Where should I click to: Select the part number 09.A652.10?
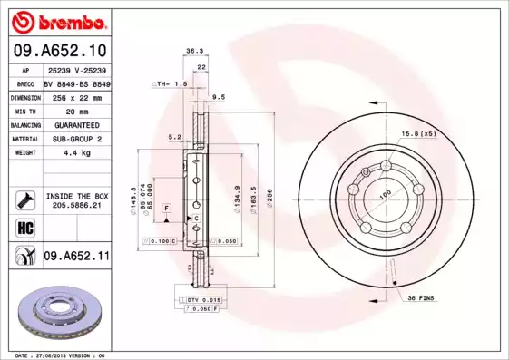pyautogui.click(x=59, y=49)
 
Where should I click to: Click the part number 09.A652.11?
pyautogui.click(x=76, y=257)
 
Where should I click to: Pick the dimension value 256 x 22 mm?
pyautogui.click(x=76, y=96)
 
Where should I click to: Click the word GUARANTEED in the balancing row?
pyautogui.click(x=76, y=124)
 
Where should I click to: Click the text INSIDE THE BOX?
pyautogui.click(x=77, y=195)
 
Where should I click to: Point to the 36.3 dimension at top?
pyautogui.click(x=193, y=52)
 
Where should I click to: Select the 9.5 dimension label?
pyautogui.click(x=218, y=96)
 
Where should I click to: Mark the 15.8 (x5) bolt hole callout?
pyautogui.click(x=418, y=133)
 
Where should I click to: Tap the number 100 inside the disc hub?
pyautogui.click(x=384, y=194)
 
